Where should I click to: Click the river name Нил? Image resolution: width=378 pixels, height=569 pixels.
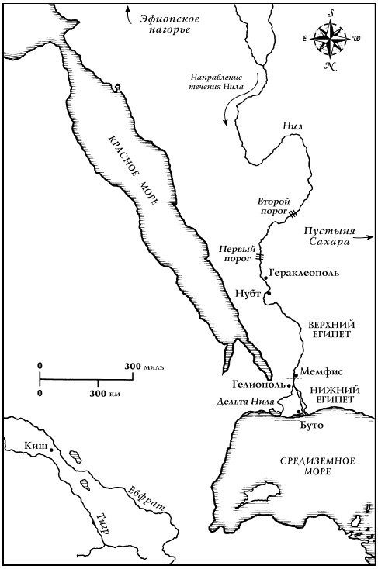[293, 125]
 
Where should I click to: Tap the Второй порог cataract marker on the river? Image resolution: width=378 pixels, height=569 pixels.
[294, 210]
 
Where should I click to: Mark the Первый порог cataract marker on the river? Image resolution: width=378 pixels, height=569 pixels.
[261, 256]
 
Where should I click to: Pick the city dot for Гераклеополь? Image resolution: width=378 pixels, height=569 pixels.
[265, 278]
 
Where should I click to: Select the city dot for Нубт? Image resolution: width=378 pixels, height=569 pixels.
[266, 294]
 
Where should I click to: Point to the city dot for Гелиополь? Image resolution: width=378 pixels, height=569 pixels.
[289, 385]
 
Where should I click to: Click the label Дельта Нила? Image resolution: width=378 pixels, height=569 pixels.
[244, 401]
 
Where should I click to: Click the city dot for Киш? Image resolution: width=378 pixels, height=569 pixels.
[51, 450]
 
